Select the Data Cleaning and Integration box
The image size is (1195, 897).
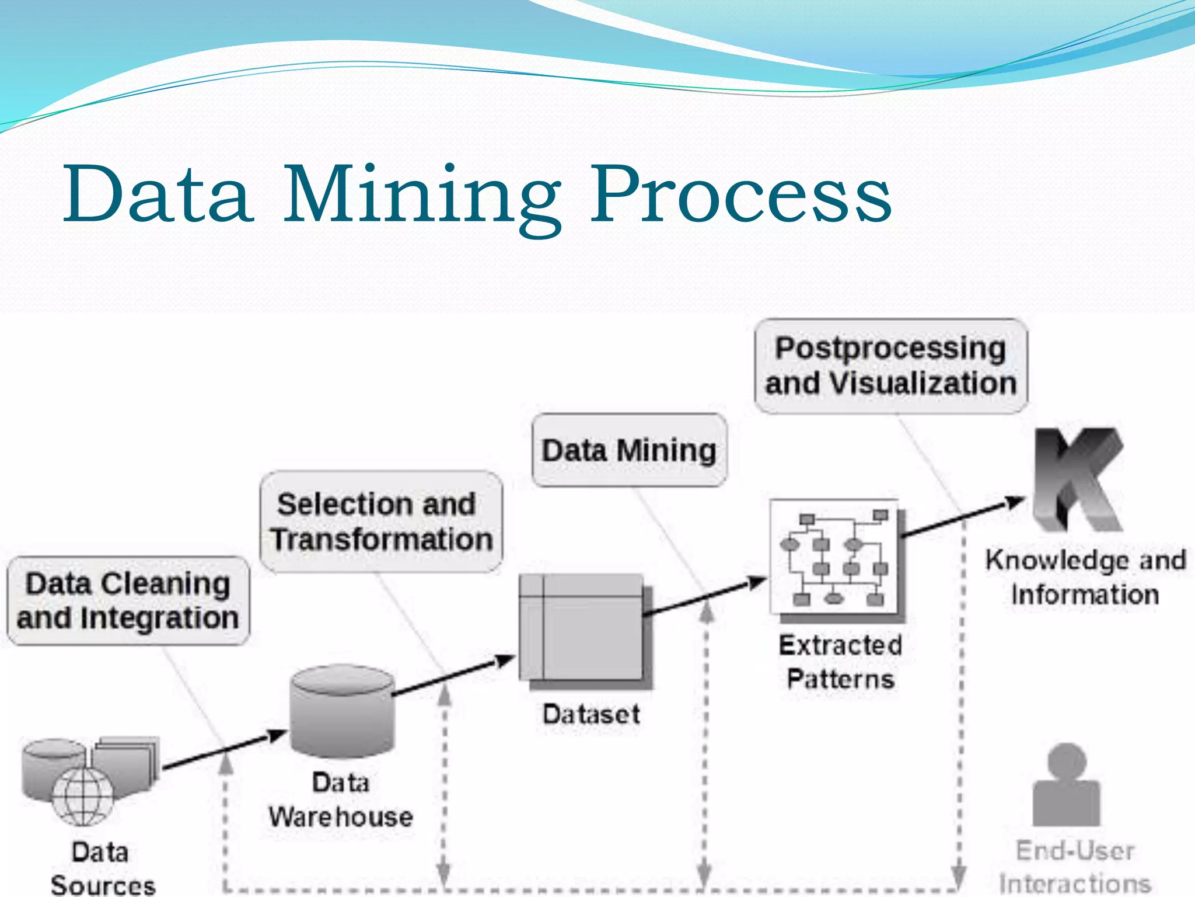point(128,601)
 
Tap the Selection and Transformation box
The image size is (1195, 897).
point(381,521)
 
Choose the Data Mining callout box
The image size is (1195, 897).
point(629,450)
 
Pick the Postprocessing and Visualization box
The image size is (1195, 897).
point(890,366)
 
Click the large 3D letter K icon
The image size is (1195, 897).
point(1078,480)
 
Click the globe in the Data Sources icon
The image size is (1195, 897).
point(83,795)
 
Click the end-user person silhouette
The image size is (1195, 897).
point(1066,785)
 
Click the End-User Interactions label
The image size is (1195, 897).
point(1075,867)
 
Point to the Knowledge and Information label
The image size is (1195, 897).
point(1085,577)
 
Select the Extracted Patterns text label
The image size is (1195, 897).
point(840,662)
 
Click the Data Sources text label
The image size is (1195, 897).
point(102,869)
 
